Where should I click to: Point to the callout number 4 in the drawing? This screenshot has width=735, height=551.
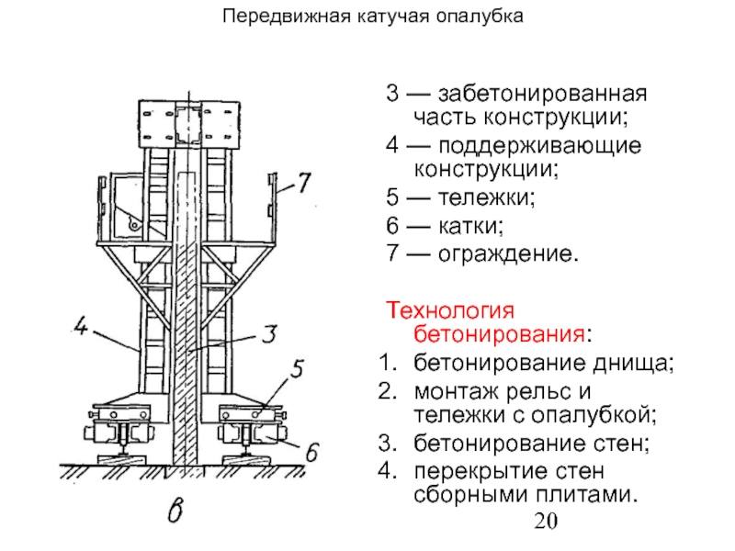[x=81, y=326]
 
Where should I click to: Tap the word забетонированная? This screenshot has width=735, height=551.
[x=543, y=95]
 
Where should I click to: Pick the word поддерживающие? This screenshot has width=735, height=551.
[x=538, y=146]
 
